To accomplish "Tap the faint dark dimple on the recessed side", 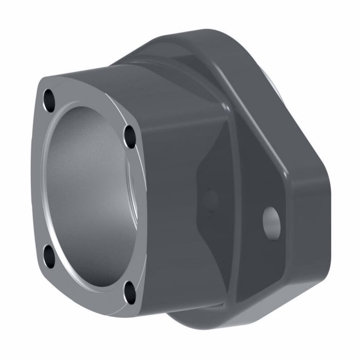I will (x=210, y=199).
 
